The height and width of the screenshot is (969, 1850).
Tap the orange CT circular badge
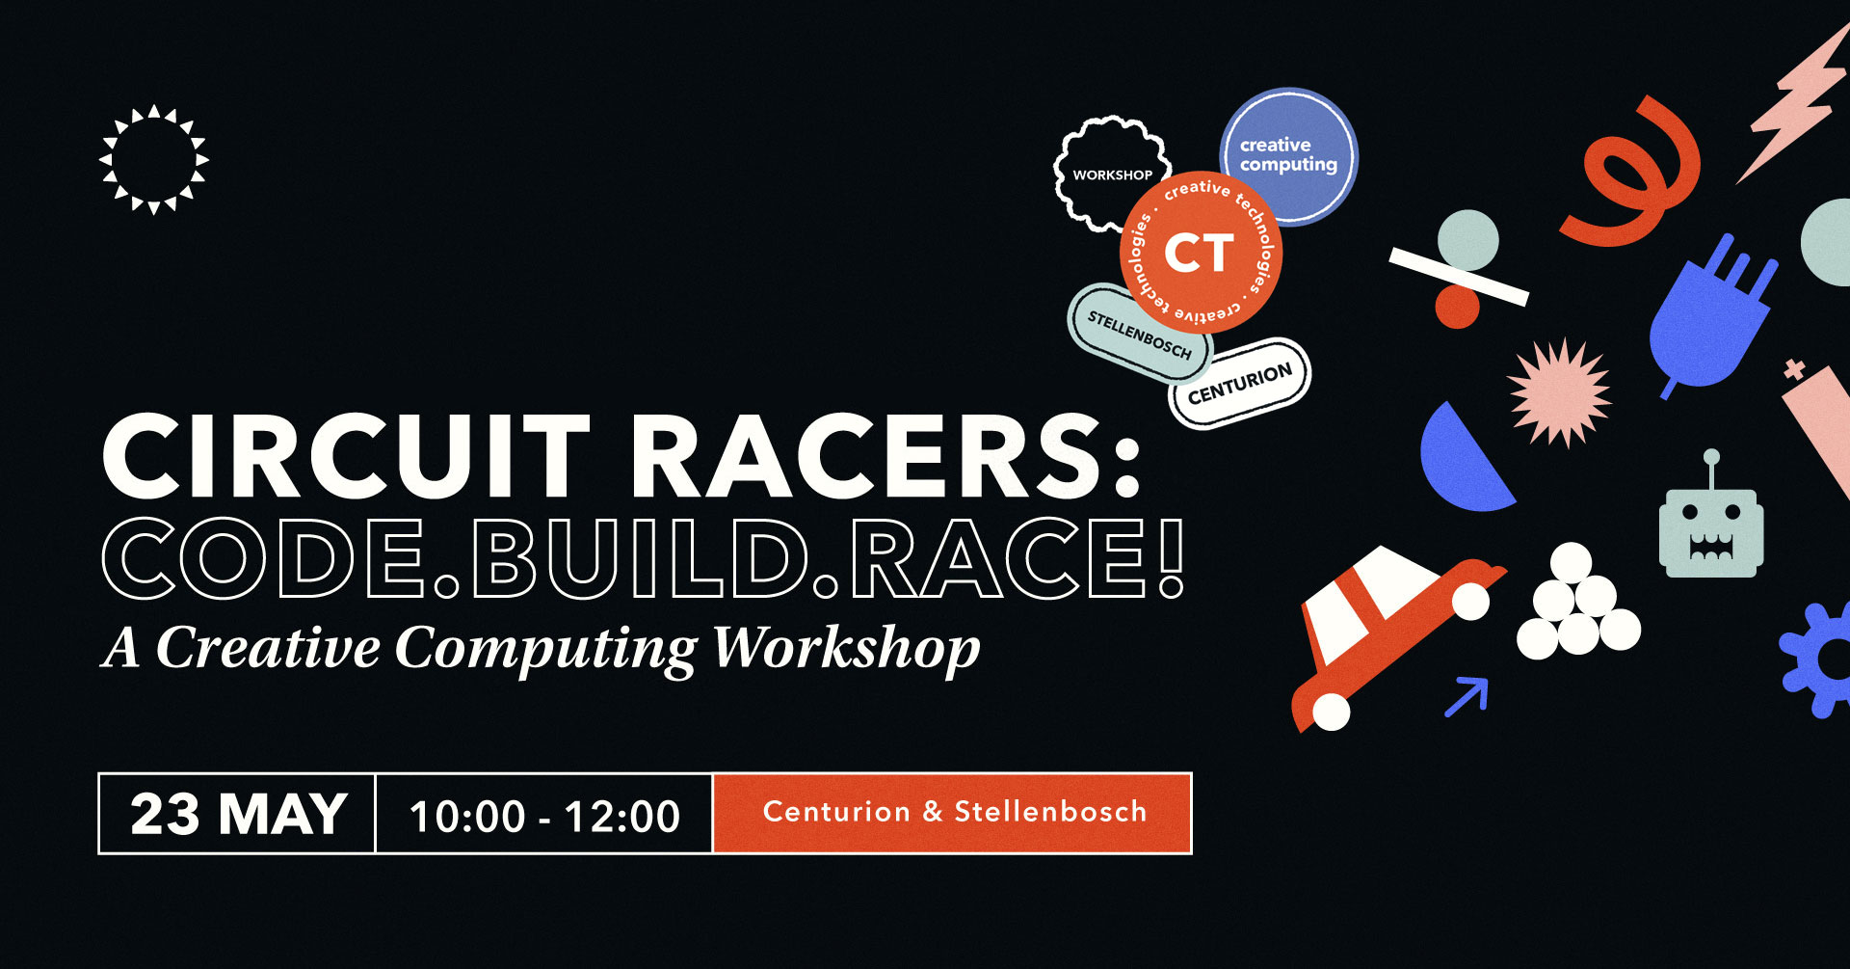[1201, 253]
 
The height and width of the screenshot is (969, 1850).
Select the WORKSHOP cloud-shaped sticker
[1111, 175]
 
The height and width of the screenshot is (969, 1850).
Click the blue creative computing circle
[1289, 156]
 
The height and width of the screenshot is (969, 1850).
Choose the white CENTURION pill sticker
[1240, 383]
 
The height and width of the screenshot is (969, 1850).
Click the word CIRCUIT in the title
[345, 456]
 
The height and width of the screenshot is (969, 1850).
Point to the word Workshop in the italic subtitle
[846, 649]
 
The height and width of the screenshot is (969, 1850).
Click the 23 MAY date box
[237, 814]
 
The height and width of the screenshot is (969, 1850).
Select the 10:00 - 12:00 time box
[544, 814]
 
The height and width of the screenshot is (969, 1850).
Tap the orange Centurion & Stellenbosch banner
[953, 813]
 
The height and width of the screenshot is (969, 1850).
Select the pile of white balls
[1577, 604]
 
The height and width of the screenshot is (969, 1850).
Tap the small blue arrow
[1467, 696]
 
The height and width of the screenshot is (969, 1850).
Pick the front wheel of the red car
[1470, 602]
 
